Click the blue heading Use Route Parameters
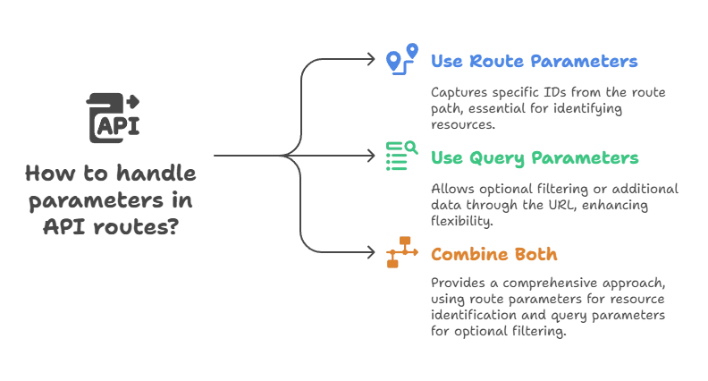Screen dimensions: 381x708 pos(535,63)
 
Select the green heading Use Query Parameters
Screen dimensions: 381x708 pos(535,158)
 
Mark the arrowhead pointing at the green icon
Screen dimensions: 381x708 pos(375,157)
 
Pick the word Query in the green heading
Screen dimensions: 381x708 pos(495,159)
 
